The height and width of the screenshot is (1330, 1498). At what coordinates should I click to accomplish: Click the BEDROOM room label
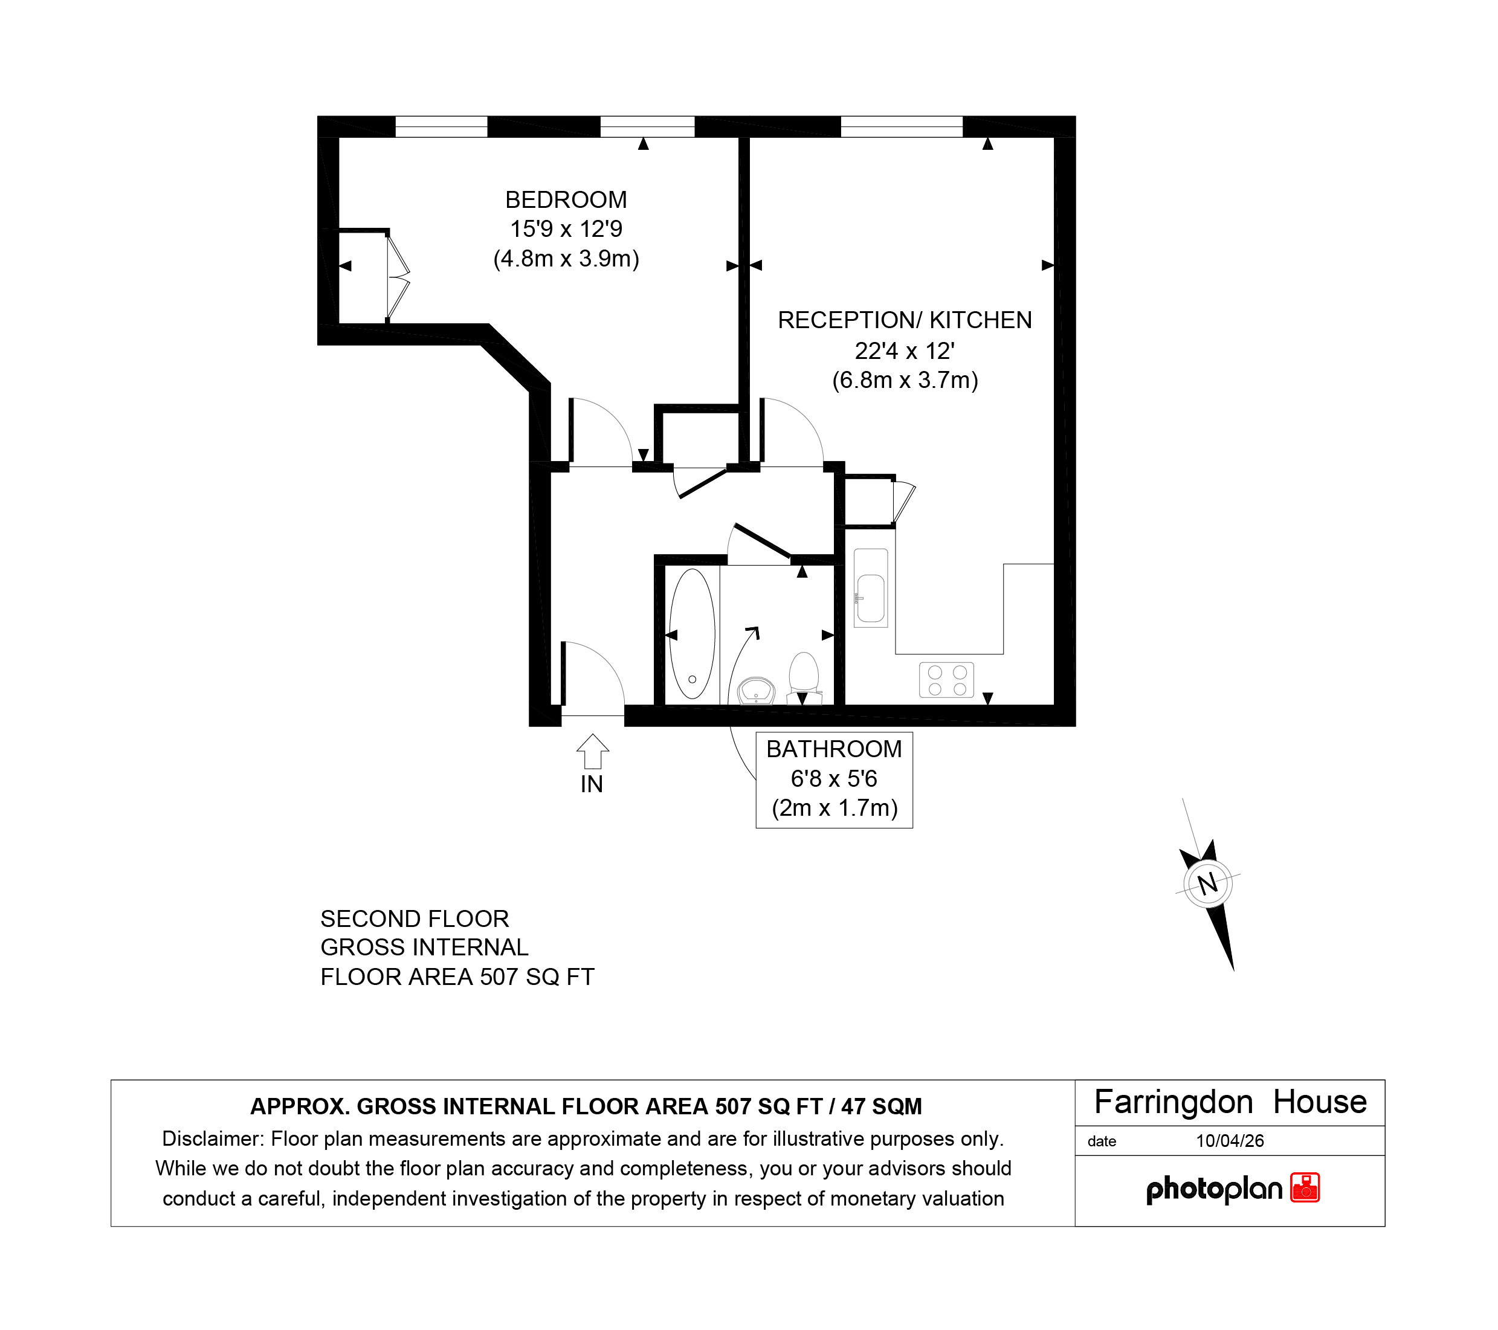pos(566,200)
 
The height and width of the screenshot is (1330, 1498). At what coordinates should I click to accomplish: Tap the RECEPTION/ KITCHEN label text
pos(905,320)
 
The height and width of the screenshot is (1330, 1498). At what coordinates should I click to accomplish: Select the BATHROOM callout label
pos(834,749)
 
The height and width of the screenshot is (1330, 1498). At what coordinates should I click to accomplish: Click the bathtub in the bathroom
pos(692,634)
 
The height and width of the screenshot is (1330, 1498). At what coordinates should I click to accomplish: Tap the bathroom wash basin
pos(757,690)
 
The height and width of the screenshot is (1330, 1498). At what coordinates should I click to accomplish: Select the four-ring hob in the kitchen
pos(947,680)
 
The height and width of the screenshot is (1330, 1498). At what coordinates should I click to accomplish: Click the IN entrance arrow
pos(592,751)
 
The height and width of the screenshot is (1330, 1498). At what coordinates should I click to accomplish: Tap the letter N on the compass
pos(1208,883)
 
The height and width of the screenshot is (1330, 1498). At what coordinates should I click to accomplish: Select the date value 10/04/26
pos(1230,1141)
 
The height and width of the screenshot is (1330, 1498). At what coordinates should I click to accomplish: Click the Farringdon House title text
pos(1230,1102)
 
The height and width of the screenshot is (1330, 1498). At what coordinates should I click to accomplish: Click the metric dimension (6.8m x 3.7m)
pos(905,380)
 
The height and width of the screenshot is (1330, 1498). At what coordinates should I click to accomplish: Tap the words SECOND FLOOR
pos(414,919)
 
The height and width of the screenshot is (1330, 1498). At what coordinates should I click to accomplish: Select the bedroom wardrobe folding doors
pos(397,276)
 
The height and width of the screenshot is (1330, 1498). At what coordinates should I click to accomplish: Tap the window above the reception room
pos(902,126)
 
